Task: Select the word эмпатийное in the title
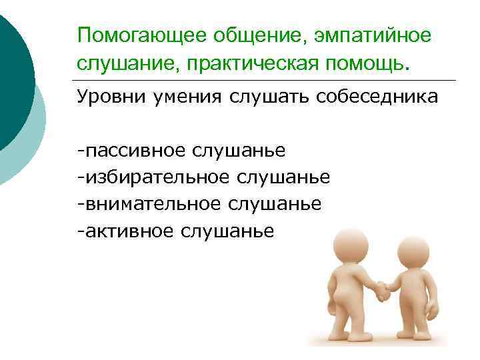369,35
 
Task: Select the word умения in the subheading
192,97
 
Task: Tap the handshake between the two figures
382,289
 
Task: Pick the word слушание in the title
126,63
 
